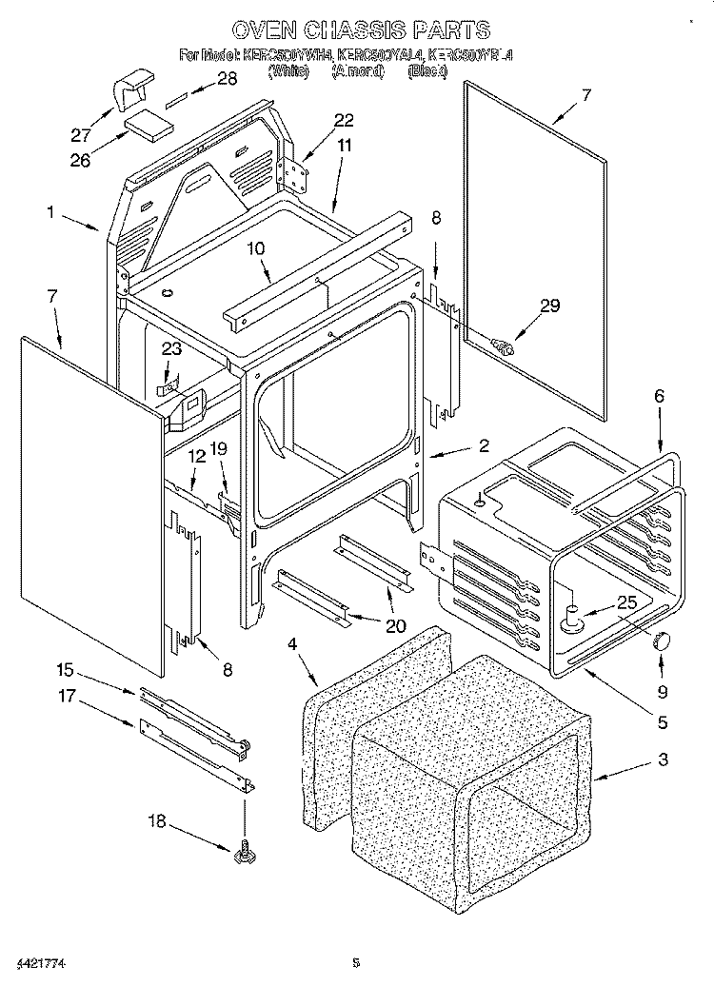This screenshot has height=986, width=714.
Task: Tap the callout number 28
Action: [x=228, y=80]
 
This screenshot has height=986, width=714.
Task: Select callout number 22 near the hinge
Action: [x=344, y=120]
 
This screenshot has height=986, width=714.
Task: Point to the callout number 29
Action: [x=550, y=306]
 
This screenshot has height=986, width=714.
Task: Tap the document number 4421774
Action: [x=39, y=967]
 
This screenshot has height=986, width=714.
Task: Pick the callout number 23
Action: [x=170, y=349]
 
